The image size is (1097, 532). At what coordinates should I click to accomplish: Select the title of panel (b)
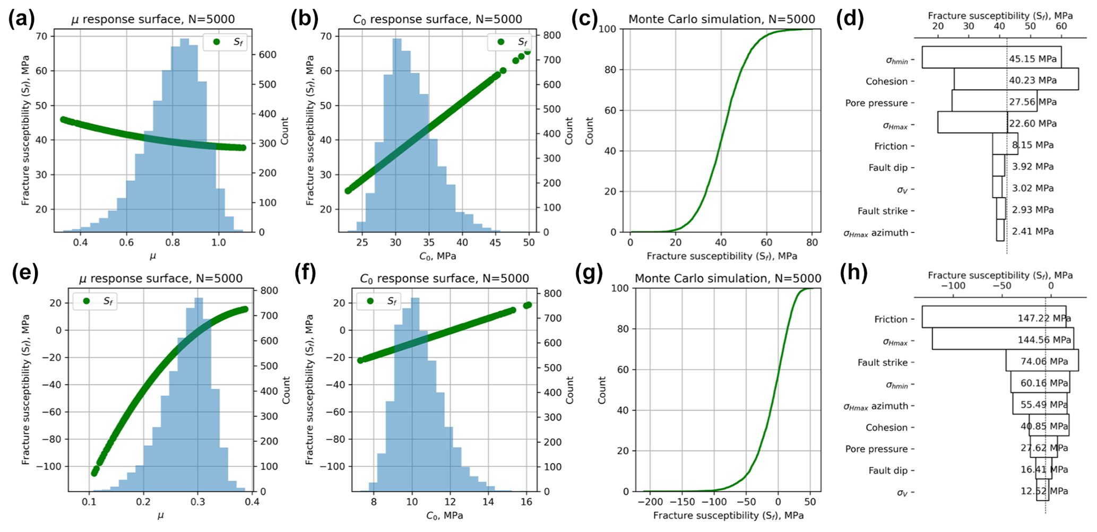(437, 20)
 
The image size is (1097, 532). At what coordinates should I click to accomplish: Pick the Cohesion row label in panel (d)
(886, 81)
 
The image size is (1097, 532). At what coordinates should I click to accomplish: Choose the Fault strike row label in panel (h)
(883, 363)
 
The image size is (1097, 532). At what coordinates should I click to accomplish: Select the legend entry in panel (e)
(95, 301)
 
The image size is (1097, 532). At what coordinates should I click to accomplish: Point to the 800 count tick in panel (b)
(550, 36)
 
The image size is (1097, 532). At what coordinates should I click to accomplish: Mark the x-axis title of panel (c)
(722, 256)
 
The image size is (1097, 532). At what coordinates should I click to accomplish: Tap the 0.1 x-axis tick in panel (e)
(88, 502)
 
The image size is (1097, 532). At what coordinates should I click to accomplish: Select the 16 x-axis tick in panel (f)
(526, 502)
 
